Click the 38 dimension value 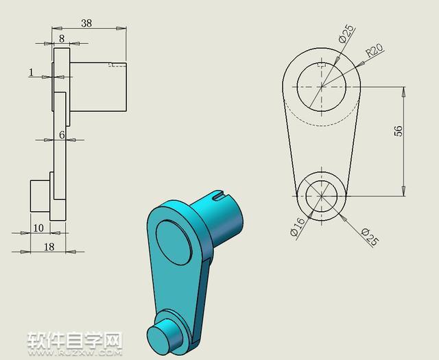[x=86, y=23]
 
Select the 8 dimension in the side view [x=62, y=38]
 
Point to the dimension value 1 [x=31, y=71]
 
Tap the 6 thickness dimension [x=62, y=135]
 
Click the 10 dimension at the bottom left [x=38, y=228]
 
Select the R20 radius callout [x=374, y=52]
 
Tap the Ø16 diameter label [x=298, y=227]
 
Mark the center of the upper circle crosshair [x=321, y=87]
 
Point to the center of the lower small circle [x=321, y=195]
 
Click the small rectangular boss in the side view [x=40, y=195]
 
